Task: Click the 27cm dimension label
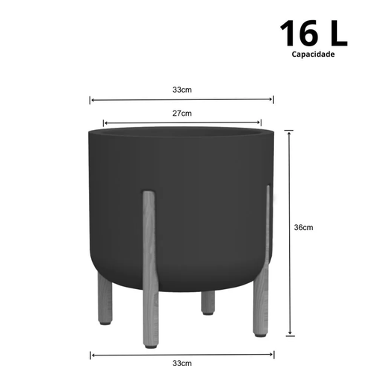(x=182, y=114)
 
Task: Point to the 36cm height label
(x=303, y=228)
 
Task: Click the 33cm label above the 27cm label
(x=182, y=89)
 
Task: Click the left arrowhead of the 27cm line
(x=105, y=123)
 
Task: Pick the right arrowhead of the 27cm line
(x=260, y=123)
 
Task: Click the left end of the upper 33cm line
(x=91, y=99)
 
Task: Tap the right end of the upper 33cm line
(x=273, y=99)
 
